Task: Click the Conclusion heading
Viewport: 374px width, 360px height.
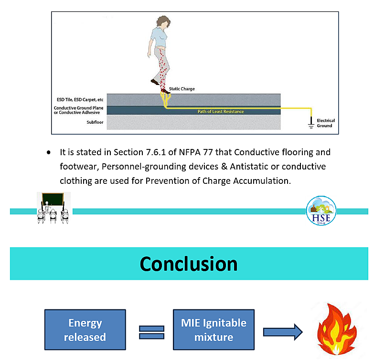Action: pos(188,264)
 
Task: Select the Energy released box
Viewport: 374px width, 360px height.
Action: pos(85,330)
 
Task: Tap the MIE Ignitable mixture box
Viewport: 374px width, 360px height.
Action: pos(214,330)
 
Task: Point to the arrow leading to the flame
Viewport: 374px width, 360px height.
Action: pos(283,331)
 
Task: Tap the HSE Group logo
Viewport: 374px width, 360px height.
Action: pos(321,211)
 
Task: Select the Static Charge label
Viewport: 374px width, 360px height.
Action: pos(182,89)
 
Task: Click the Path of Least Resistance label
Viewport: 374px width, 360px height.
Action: pos(221,112)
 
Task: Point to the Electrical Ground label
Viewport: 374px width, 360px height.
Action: pos(326,123)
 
